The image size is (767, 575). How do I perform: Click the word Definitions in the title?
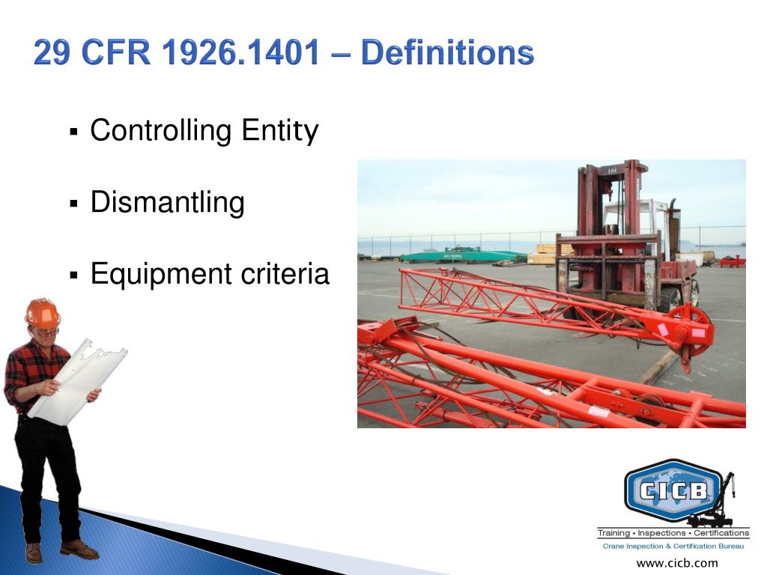tap(448, 52)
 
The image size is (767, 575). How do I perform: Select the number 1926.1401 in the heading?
tap(240, 52)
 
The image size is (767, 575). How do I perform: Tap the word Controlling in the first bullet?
tap(161, 131)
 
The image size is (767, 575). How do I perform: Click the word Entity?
tap(280, 131)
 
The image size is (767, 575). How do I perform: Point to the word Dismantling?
tap(167, 203)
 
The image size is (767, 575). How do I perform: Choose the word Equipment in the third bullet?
tap(160, 275)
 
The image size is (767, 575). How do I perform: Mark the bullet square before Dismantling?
tap(74, 204)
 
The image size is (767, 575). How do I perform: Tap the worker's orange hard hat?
tap(43, 314)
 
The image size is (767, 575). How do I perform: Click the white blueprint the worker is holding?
tap(78, 381)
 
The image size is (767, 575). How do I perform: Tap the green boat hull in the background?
tap(462, 256)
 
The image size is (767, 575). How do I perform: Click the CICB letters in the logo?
tap(673, 490)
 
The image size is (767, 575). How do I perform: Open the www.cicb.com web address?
tap(677, 563)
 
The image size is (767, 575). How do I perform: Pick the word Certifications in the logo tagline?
tap(721, 533)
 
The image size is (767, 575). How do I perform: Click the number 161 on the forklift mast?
tap(611, 170)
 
